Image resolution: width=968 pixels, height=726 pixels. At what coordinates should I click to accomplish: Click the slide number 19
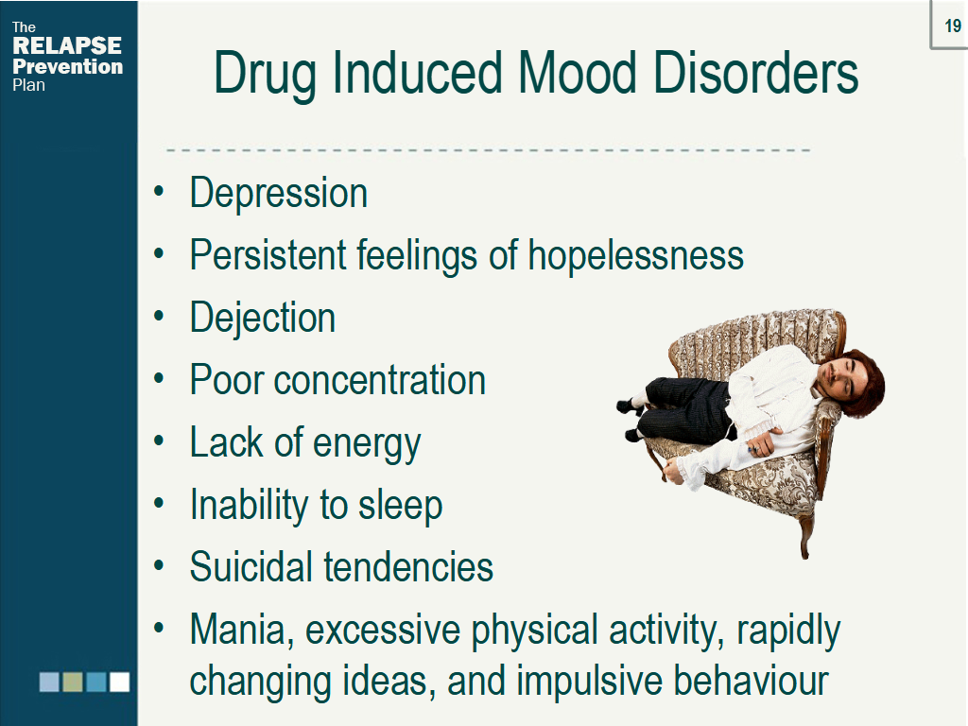tap(953, 26)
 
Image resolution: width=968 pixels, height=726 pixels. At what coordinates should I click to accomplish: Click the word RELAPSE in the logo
tap(67, 46)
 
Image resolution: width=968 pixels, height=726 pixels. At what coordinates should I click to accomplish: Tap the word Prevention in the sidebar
tap(67, 66)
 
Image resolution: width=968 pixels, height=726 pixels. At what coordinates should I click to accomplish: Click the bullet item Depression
tap(278, 194)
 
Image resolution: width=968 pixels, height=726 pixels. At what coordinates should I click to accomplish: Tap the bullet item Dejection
tap(263, 318)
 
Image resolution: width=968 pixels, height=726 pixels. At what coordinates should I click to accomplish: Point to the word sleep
tap(399, 506)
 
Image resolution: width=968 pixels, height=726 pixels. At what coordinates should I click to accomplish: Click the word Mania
tap(241, 631)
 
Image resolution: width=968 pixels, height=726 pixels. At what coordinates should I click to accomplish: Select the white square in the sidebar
tap(119, 682)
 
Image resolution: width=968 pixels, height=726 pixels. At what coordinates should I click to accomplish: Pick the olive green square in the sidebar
tap(73, 682)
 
